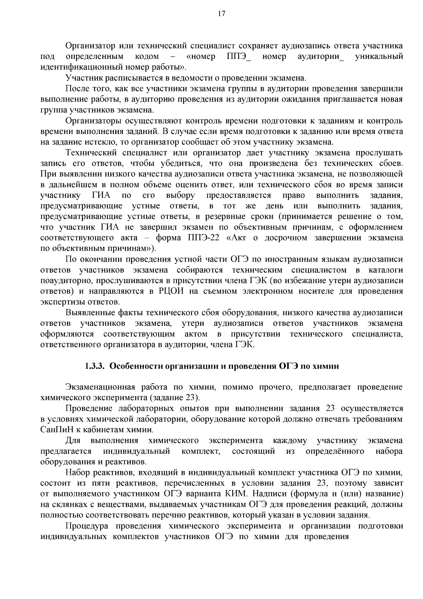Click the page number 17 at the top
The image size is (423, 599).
click(211, 14)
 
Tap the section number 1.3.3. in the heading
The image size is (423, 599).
click(95, 366)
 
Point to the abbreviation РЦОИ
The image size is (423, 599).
click(171, 291)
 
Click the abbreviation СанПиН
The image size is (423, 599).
click(58, 430)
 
